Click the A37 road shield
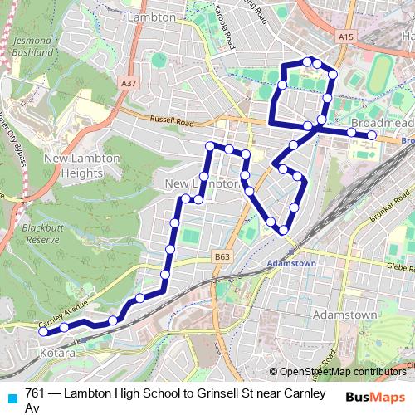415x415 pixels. tap(128, 84)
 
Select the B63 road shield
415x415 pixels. tap(221, 257)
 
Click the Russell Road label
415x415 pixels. tap(172, 121)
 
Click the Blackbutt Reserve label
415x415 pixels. tap(40, 232)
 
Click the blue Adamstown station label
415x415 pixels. tap(291, 263)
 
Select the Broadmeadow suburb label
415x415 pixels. tap(382, 122)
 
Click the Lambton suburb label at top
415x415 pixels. tap(153, 17)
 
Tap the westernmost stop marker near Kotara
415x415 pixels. tap(44, 332)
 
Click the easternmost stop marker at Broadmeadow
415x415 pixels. tap(372, 134)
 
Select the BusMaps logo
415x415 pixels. tap(376, 397)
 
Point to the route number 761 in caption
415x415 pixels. tap(36, 393)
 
